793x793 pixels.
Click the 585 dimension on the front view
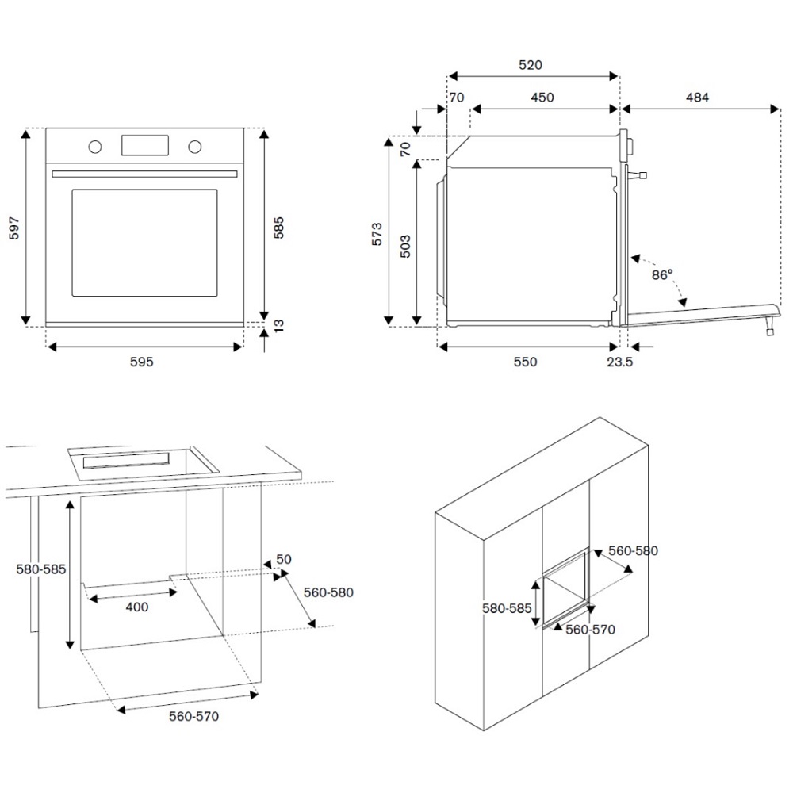278,228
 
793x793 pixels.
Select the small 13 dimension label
278,327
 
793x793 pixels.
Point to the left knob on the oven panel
95,147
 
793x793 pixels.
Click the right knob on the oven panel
194,147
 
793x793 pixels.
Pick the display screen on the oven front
144,145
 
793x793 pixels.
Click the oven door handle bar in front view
144,174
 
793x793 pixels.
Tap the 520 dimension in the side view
531,65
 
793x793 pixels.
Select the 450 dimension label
542,98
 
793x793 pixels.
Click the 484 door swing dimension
697,98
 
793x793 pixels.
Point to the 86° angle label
662,274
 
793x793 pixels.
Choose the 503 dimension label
404,247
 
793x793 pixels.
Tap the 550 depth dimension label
525,362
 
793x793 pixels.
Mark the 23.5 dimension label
619,362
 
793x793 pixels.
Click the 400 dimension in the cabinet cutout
136,607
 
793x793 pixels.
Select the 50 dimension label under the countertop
284,559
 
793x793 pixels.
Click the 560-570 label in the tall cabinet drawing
589,630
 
